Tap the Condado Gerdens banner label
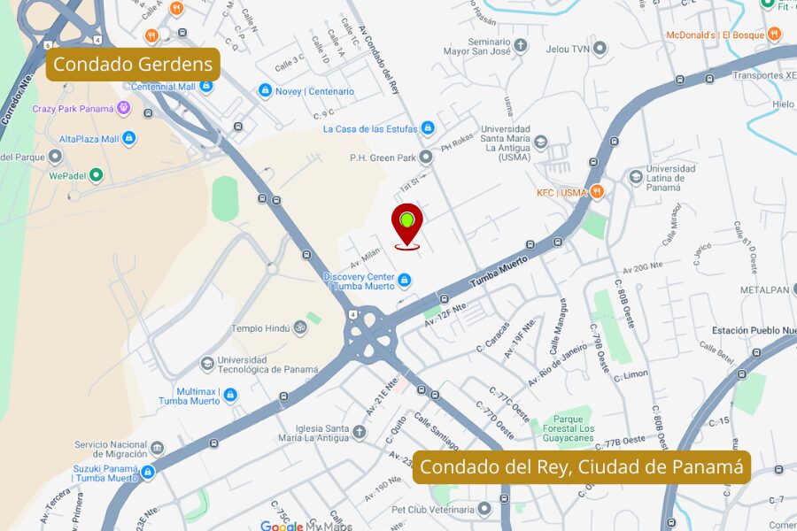tap(133, 64)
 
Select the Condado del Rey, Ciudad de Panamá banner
tap(581, 466)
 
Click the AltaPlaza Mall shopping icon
tap(129, 139)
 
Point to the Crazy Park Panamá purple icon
tap(123, 109)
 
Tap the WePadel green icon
tap(97, 175)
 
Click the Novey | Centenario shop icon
tap(264, 91)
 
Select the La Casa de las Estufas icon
tap(429, 128)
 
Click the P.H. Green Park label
tap(382, 158)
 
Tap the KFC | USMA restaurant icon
tap(598, 192)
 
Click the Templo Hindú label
tap(260, 328)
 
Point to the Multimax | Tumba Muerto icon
tap(230, 395)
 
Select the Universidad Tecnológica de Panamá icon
tap(207, 364)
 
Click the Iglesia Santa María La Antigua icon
tap(359, 432)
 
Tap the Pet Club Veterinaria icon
tap(484, 509)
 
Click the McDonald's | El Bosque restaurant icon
tap(775, 35)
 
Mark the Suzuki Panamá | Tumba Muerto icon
tap(148, 473)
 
